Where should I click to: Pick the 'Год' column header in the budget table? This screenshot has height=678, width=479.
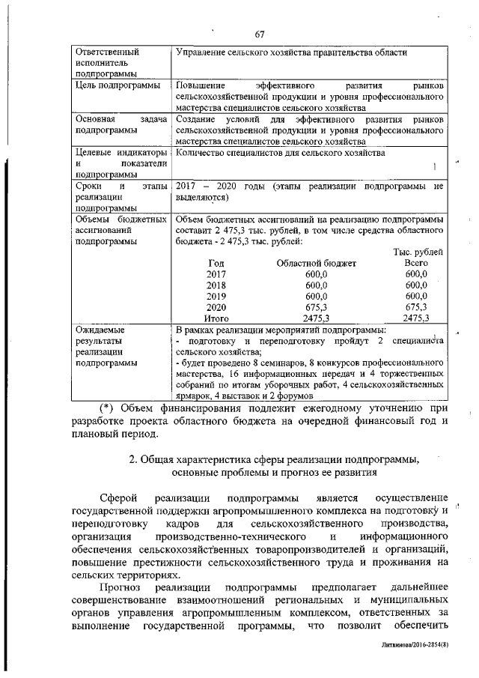(x=216, y=264)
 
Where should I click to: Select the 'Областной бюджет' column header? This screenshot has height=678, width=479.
(x=316, y=264)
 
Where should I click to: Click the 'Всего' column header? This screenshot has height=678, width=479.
(x=415, y=264)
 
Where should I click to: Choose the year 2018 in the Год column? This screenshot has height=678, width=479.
(x=216, y=285)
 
